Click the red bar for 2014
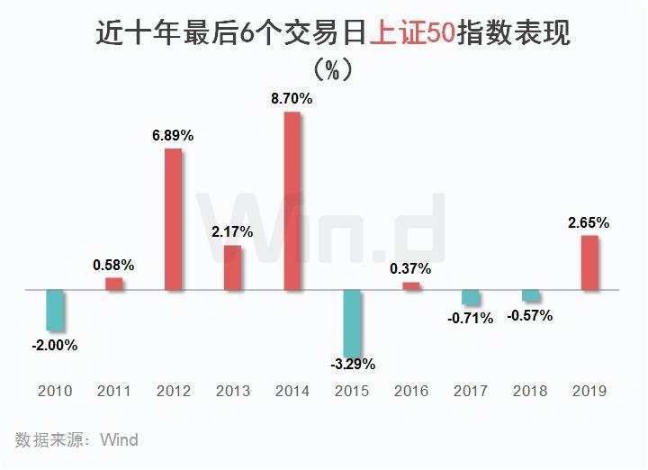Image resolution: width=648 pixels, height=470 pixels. [x=292, y=202]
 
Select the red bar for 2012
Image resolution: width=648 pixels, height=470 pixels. [x=173, y=220]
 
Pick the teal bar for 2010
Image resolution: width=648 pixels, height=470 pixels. [x=56, y=311]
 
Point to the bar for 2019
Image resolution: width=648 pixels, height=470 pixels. [x=589, y=263]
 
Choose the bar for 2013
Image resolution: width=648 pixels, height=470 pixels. [x=232, y=268]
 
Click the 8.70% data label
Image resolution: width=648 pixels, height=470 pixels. [x=292, y=99]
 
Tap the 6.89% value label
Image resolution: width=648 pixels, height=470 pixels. [x=173, y=135]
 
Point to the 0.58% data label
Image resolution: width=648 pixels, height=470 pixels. [x=113, y=265]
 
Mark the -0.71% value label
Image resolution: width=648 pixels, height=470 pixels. [x=471, y=318]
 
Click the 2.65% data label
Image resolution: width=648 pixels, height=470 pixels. [x=589, y=222]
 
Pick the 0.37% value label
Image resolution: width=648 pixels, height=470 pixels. [x=410, y=268]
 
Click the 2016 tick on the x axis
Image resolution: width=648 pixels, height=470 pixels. [x=410, y=391]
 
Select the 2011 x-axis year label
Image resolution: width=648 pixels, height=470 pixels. [x=113, y=391]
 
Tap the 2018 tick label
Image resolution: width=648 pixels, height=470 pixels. [x=530, y=391]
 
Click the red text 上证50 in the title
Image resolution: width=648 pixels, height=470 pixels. [x=413, y=34]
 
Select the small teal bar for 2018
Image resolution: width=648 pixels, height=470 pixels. [x=530, y=296]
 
